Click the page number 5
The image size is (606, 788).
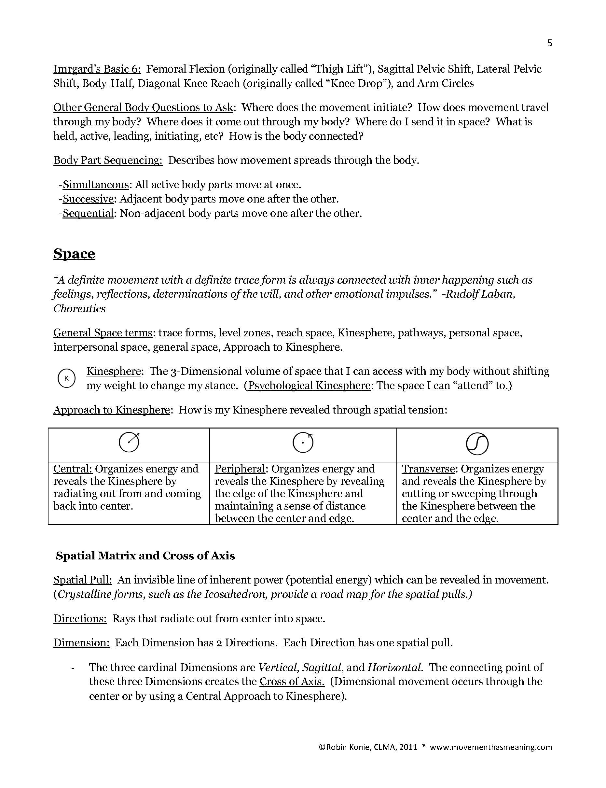[549, 43]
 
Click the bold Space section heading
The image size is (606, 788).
[74, 254]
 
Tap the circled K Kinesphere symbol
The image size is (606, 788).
[66, 378]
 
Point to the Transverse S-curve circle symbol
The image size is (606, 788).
[477, 444]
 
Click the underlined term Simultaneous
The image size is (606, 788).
[96, 185]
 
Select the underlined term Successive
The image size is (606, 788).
[88, 199]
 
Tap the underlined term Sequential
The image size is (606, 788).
[88, 214]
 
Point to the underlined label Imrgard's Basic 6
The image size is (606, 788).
[97, 69]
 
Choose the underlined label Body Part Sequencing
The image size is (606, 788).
[108, 160]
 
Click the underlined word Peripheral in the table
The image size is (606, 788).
[240, 469]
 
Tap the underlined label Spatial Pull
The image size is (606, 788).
[83, 580]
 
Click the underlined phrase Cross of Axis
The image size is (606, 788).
[292, 682]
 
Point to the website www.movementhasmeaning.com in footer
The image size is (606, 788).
[490, 747]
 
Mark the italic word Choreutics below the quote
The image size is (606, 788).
[79, 309]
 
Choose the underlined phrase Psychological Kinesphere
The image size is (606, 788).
[309, 386]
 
